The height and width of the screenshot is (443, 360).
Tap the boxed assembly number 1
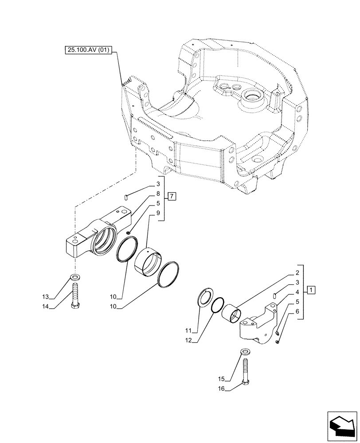pos(312,291)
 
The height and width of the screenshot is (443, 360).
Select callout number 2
pos(297,273)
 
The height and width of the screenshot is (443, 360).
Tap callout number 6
pos(297,311)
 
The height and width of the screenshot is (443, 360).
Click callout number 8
pos(157,194)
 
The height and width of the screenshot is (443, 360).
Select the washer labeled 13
pos(75,278)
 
